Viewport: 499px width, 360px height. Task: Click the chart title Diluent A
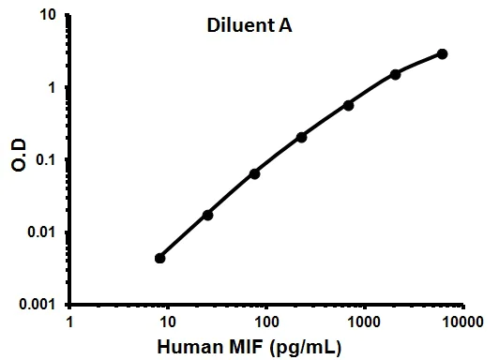(249, 27)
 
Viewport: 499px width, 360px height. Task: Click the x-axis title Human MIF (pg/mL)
(265, 347)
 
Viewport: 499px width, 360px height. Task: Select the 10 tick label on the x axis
(169, 322)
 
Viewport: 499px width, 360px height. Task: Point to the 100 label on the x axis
(266, 322)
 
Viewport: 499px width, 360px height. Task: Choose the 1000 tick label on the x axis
(364, 322)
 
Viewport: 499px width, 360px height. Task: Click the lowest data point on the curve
(160, 258)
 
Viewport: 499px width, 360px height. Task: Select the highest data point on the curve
(443, 53)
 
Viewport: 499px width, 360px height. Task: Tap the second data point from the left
(207, 215)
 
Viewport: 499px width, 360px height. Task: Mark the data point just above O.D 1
(396, 73)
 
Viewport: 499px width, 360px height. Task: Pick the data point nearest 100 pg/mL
(254, 173)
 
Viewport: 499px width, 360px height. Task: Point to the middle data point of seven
(301, 137)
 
